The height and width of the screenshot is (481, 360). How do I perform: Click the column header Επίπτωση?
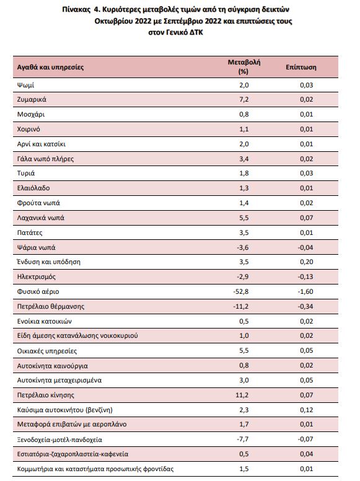tap(301, 67)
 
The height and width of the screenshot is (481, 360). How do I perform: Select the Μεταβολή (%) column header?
tap(244, 66)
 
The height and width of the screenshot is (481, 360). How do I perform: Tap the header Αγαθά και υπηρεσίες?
tap(50, 67)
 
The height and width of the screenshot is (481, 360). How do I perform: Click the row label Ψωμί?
tap(25, 85)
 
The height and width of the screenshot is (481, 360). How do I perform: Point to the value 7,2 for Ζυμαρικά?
tap(244, 100)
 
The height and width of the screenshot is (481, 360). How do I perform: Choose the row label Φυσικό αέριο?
tap(38, 292)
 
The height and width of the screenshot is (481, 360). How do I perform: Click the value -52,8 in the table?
tap(240, 291)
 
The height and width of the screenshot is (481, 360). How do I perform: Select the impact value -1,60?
tap(305, 291)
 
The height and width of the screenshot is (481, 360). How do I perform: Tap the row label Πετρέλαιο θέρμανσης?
tap(51, 306)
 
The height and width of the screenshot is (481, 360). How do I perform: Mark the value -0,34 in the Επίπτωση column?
tap(305, 306)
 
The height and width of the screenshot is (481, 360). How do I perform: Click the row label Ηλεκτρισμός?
tap(36, 276)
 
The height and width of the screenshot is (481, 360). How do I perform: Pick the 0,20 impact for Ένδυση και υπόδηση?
tap(306, 262)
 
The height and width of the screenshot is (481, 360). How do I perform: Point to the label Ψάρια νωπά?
tap(36, 247)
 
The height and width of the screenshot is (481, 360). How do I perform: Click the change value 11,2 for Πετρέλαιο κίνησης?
tap(242, 395)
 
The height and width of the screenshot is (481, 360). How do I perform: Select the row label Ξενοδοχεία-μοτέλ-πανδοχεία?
tap(59, 440)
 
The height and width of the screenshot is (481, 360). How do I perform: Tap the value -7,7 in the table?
tap(242, 439)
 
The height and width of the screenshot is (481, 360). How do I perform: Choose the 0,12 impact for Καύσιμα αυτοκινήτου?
tap(306, 410)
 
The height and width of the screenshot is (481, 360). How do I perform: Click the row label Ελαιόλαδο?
tap(33, 188)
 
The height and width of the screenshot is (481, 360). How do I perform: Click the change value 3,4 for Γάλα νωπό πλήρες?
tap(244, 159)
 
